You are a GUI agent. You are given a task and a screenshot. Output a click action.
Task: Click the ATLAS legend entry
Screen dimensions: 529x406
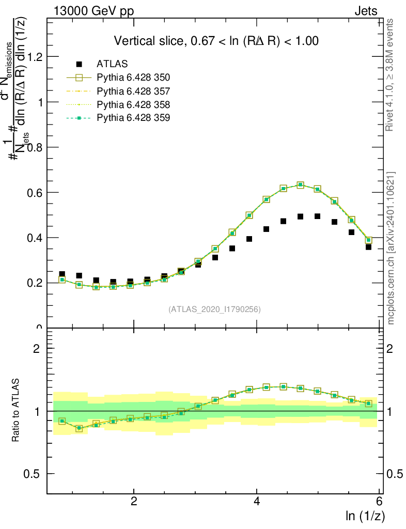[x=108, y=64]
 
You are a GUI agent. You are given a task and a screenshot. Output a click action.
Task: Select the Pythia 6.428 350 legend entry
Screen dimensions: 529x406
[x=133, y=77]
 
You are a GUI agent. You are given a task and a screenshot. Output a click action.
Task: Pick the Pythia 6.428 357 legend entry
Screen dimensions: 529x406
[x=133, y=91]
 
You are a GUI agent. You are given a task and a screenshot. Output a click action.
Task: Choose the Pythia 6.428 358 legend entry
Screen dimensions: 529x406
[x=133, y=104]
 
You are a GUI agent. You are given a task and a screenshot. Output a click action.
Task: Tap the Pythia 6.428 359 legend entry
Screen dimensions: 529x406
[x=133, y=118]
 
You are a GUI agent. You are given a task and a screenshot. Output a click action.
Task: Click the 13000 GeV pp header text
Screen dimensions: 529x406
[x=93, y=11]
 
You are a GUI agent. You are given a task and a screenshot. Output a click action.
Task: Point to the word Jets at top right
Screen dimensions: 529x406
[x=366, y=11]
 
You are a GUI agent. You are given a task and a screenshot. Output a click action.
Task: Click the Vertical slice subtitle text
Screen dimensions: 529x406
[x=216, y=41]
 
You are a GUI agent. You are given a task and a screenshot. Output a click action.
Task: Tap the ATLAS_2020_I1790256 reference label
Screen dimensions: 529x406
[x=214, y=309]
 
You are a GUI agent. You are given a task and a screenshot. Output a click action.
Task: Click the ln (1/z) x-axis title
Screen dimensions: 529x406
[x=365, y=515]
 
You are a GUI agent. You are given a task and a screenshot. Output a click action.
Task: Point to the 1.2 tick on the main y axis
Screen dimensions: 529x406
[x=35, y=57]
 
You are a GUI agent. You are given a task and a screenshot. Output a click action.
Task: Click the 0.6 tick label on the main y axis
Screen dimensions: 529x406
[x=35, y=192]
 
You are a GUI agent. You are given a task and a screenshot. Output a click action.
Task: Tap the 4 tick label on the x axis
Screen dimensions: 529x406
[x=257, y=501]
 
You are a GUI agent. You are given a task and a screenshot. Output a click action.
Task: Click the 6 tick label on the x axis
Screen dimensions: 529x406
[x=380, y=501]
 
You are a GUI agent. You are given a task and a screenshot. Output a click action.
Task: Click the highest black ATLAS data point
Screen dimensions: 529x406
[x=317, y=216]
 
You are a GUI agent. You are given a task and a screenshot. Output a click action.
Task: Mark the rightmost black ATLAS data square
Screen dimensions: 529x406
[x=368, y=247]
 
